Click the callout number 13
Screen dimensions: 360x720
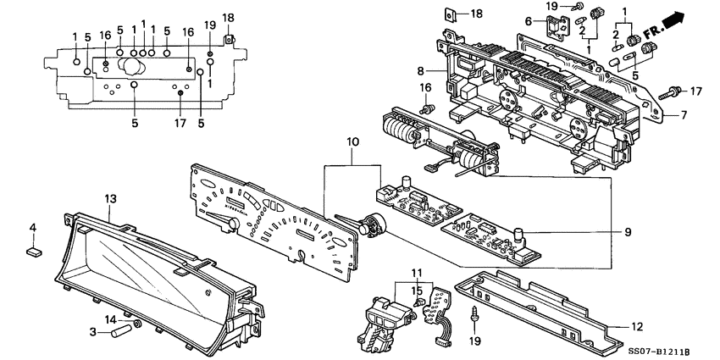pos(109,197)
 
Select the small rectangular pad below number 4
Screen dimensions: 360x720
pos(33,250)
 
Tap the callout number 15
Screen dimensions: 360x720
pos(417,291)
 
